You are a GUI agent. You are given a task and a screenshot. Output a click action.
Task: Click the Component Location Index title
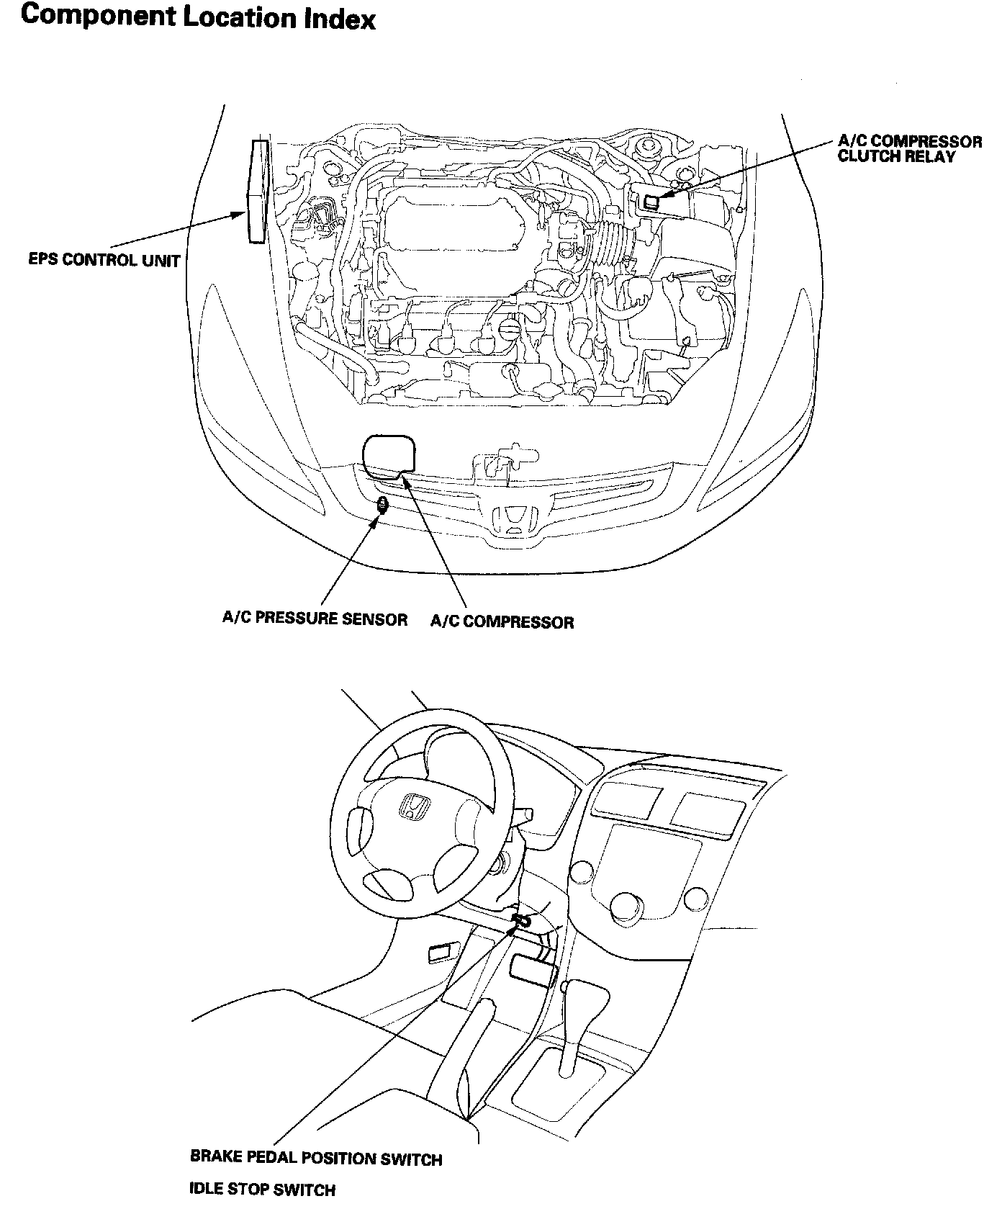198,17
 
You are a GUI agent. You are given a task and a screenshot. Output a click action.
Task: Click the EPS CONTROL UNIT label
104,260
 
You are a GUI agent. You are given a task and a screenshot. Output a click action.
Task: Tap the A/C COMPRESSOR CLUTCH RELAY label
909,149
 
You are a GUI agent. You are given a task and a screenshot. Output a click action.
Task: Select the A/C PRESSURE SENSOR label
315,619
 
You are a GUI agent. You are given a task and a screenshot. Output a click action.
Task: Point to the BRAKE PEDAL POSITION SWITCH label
316,1159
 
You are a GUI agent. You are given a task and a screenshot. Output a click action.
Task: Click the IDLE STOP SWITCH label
262,1190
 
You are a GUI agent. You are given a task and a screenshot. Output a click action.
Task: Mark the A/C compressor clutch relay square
651,202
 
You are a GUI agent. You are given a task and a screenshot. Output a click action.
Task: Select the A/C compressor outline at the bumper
389,456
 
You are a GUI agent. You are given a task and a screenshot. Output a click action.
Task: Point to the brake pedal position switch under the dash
521,920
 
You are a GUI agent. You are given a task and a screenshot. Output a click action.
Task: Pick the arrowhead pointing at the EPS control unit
240,213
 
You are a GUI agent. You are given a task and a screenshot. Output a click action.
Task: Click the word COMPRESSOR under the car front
518,622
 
